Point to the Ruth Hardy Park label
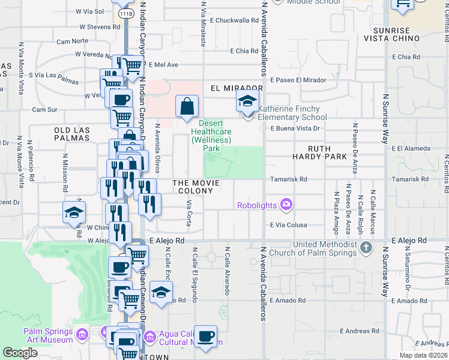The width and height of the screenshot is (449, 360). [x=328, y=152]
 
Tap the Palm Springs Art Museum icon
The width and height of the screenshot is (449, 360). [x=82, y=334]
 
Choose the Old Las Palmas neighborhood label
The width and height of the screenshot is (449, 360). [x=71, y=134]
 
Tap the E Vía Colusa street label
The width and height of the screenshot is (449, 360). [x=289, y=226]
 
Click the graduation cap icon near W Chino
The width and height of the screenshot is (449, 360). [x=74, y=212]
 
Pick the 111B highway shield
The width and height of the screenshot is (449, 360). [x=125, y=13]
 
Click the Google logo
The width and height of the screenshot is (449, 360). [x=20, y=353]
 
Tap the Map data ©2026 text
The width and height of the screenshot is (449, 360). [x=423, y=355]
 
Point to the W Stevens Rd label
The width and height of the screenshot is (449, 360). [x=99, y=27]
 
